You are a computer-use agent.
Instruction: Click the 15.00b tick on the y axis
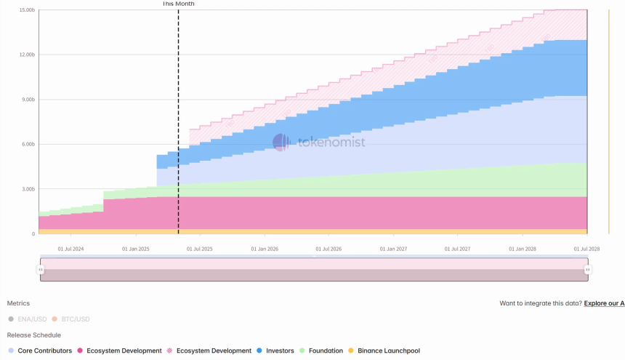(x=28, y=10)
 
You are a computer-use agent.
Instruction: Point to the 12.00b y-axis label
(x=28, y=55)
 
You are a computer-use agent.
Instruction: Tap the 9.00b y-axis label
(x=28, y=100)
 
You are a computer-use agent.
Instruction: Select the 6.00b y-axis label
(x=28, y=145)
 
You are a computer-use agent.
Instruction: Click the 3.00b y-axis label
(x=28, y=189)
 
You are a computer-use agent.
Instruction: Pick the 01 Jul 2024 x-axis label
(x=70, y=249)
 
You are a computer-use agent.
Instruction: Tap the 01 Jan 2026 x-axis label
(x=264, y=249)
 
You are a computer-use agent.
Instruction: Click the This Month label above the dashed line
(x=178, y=4)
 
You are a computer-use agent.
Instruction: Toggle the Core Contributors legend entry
(x=40, y=351)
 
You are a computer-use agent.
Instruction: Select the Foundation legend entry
(x=320, y=351)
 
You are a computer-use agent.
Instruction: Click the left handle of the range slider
(x=41, y=270)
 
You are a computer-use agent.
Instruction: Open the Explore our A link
(x=604, y=303)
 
